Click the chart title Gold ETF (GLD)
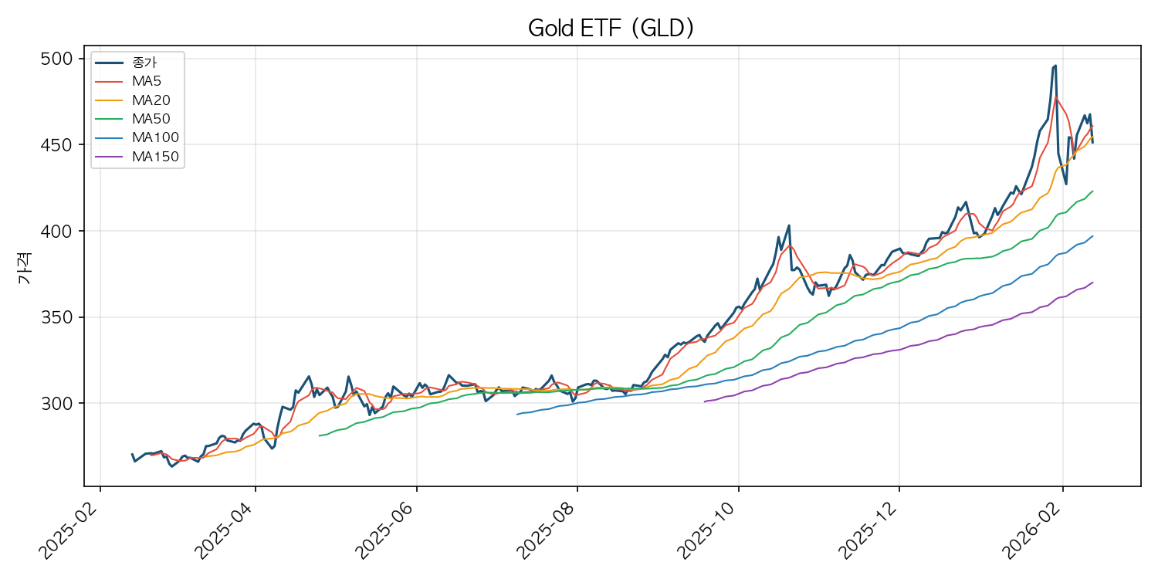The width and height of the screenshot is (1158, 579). tap(611, 28)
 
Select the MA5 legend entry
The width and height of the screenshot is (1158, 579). tap(146, 80)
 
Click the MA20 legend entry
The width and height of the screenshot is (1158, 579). tap(151, 100)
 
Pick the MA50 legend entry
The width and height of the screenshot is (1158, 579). tap(151, 119)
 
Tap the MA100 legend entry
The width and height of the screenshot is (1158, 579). tap(154, 138)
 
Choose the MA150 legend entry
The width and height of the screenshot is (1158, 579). tap(154, 157)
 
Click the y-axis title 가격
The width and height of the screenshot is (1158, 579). tap(25, 273)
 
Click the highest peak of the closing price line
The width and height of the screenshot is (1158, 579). tap(1055, 66)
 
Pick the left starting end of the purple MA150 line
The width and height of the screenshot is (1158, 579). tap(704, 401)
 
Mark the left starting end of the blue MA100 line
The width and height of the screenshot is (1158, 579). tap(517, 415)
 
